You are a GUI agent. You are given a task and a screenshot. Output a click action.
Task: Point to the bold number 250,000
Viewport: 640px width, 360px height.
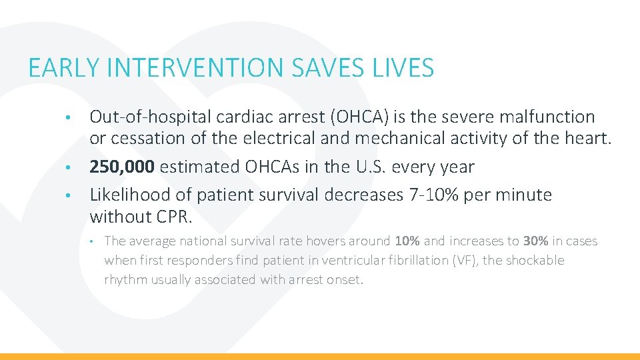coord(122,167)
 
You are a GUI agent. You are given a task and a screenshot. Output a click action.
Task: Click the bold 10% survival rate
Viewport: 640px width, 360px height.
coord(407,241)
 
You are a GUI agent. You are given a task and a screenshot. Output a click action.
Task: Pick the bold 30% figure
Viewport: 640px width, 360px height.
coord(535,241)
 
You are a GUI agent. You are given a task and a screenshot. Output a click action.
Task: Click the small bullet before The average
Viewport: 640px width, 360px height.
coord(95,241)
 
